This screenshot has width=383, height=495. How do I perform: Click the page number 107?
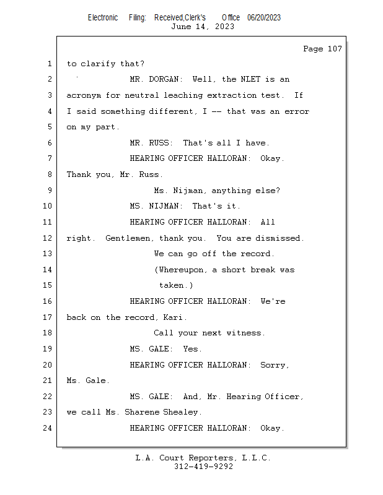335,49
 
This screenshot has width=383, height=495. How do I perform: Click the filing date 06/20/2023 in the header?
264,17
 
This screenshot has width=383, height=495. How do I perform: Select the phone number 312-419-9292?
203,467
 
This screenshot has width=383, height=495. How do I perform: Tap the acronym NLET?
250,79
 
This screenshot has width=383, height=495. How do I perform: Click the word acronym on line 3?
84,95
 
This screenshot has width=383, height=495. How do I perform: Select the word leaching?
183,95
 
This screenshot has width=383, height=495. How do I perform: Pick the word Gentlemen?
128,238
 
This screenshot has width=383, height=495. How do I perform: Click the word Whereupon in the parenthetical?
180,270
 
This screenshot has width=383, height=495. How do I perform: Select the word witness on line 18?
244,333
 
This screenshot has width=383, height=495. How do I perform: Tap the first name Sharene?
142,412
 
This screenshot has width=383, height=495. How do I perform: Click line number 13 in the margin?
48,254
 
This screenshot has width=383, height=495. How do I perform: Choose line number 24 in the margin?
48,428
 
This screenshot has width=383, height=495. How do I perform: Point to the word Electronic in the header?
103,17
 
